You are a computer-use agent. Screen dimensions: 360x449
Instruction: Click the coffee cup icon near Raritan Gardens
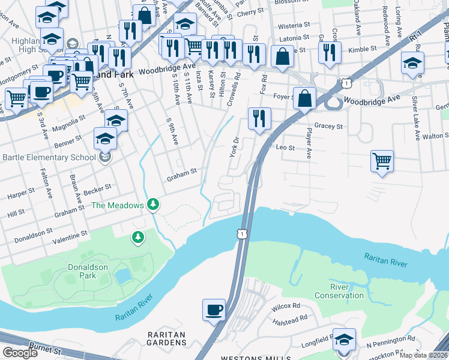coord(214,310)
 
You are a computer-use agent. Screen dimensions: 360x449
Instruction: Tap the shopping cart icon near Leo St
coord(382,161)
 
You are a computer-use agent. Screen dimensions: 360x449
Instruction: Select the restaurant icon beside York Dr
coord(259,118)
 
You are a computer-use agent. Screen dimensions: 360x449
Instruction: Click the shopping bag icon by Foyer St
coord(305,98)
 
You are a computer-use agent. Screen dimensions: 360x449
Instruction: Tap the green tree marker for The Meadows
coord(154,205)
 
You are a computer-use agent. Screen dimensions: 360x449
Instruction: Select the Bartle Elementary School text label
coord(49,158)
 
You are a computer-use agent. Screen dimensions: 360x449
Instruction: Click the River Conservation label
coord(339,291)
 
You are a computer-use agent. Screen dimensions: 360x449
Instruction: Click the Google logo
coord(20,353)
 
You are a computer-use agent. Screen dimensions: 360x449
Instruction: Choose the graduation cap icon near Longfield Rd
coord(344,339)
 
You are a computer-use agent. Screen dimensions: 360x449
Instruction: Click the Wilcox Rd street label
coord(286,306)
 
